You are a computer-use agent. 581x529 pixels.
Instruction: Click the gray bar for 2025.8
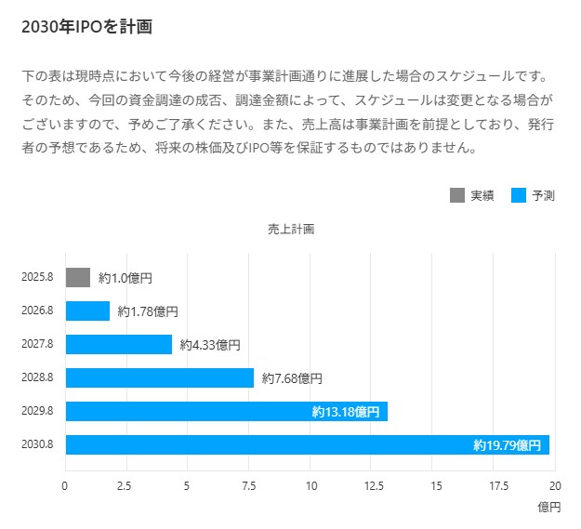point(78,278)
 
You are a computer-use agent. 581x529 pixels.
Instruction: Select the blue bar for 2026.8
point(87,311)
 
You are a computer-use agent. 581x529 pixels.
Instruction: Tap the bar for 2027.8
point(119,345)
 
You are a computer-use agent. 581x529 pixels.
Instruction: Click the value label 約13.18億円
point(346,412)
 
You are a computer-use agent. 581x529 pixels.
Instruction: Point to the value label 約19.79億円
point(507,445)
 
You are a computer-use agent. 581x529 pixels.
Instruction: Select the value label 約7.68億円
point(292,378)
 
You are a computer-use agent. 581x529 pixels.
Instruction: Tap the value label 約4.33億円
point(210,345)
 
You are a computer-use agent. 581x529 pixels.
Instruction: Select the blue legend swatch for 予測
point(519,195)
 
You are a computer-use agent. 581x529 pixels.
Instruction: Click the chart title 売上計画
point(291,229)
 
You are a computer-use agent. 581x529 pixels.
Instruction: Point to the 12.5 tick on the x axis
point(373,485)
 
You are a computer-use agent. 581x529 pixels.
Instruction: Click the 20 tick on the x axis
point(555,485)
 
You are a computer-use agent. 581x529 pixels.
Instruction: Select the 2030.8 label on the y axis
point(37,444)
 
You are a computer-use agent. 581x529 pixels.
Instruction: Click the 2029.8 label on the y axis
point(37,411)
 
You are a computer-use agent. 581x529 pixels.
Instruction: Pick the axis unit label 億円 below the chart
point(549,508)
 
